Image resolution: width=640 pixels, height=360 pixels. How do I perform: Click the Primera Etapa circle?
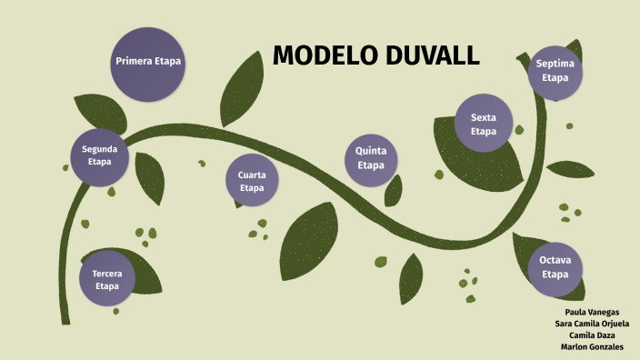[147, 63]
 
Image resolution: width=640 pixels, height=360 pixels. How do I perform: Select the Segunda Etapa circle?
[99, 155]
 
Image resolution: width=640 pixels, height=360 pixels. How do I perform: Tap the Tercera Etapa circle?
[107, 278]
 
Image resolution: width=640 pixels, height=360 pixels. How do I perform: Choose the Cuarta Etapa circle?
[252, 181]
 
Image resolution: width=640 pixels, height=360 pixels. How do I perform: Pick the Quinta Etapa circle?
[371, 159]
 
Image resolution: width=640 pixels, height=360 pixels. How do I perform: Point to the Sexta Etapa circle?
[484, 124]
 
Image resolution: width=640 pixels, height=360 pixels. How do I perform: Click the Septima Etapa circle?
[555, 71]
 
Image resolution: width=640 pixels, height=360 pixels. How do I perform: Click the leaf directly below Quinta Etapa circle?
[394, 190]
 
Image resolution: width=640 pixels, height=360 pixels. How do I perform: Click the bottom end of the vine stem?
[65, 320]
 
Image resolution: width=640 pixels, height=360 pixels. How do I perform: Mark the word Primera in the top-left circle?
[134, 62]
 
